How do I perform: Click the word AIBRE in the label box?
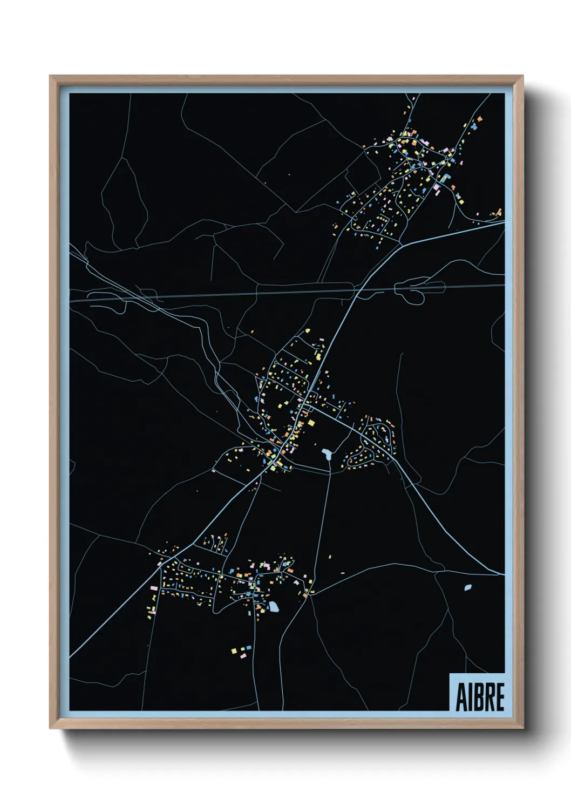[480, 697]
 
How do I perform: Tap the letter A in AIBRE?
[461, 697]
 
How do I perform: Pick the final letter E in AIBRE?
[500, 697]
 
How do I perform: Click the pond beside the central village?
[327, 453]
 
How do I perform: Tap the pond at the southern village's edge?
[274, 607]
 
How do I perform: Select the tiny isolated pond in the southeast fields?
[467, 587]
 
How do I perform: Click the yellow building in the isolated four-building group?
[234, 651]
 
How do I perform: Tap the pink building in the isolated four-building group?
[242, 655]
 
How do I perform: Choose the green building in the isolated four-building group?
[241, 648]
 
